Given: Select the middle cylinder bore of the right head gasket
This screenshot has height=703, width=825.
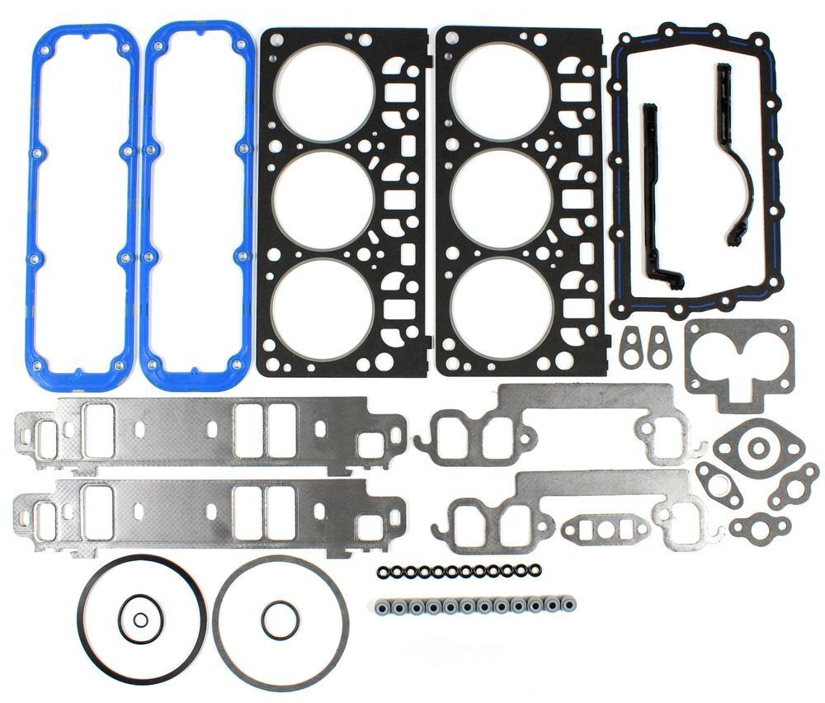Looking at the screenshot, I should click(x=501, y=198).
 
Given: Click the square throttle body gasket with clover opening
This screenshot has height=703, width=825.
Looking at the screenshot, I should click(x=738, y=363).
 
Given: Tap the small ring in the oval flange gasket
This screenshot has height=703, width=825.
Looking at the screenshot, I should click(x=757, y=449).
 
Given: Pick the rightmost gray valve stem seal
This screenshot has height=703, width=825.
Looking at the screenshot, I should click(x=568, y=604).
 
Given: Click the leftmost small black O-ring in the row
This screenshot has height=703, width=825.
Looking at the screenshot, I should click(x=383, y=571).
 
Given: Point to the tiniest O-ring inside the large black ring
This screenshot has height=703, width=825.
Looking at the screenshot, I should click(x=141, y=621).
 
